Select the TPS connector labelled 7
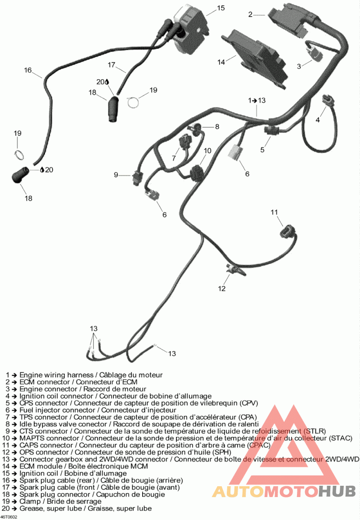tap(184, 142)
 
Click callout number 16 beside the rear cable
tap(28, 70)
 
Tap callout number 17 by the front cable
tap(112, 64)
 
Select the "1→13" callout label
tap(257, 99)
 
